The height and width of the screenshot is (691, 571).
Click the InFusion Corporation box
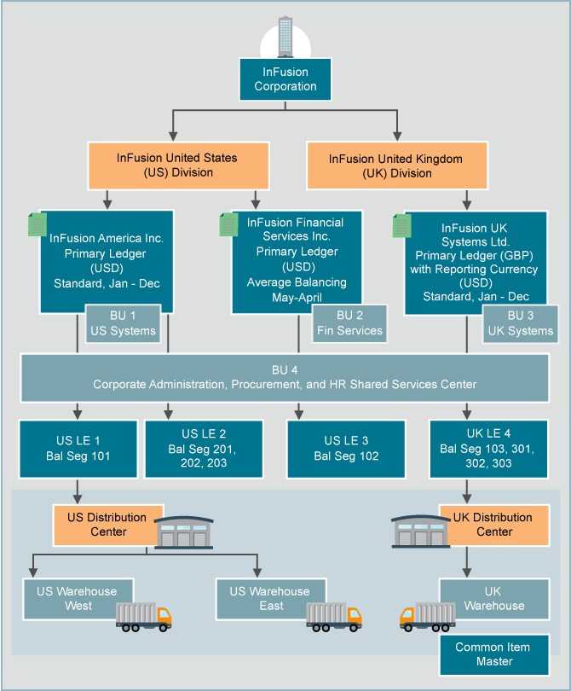click(x=285, y=79)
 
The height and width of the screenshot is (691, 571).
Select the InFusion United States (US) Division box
click(x=177, y=165)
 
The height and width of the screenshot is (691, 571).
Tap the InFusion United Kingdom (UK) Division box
click(x=395, y=165)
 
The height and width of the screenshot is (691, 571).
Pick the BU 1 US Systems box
click(x=123, y=323)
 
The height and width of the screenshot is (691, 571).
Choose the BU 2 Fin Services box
click(x=349, y=323)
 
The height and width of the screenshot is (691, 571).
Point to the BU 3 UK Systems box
click(x=519, y=323)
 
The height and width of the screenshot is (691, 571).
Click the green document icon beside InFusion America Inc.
click(x=37, y=224)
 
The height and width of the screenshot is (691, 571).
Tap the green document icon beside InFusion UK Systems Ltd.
click(x=401, y=226)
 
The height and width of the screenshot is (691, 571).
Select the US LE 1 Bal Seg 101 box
click(x=78, y=448)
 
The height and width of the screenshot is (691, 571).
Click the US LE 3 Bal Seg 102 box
click(x=346, y=448)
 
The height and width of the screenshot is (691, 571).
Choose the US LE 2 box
click(x=202, y=448)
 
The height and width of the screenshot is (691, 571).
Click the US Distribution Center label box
click(x=107, y=525)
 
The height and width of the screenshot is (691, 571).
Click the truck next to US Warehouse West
click(x=143, y=616)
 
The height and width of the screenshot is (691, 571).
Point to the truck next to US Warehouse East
click(x=333, y=616)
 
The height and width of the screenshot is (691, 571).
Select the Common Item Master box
click(x=492, y=654)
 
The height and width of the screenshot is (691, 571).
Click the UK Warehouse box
click(x=492, y=598)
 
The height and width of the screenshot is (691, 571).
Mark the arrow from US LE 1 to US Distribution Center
click(x=78, y=491)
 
